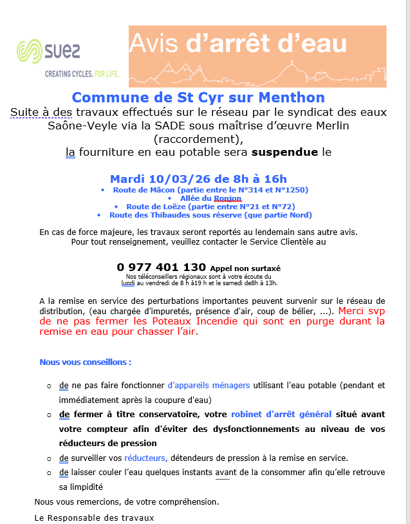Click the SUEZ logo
click(48, 51)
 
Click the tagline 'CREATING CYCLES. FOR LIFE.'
click(82, 74)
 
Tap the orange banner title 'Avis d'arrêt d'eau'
click(239, 43)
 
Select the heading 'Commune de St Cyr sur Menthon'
click(198, 98)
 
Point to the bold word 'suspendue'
click(284, 153)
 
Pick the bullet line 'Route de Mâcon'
click(210, 190)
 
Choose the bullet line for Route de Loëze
click(210, 207)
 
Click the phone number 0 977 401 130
click(162, 267)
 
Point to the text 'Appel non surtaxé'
click(245, 268)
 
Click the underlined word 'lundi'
click(127, 283)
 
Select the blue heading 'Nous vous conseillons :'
click(86, 362)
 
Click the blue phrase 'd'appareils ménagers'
click(209, 386)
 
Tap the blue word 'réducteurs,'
click(145, 458)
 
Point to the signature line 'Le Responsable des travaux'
click(94, 517)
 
